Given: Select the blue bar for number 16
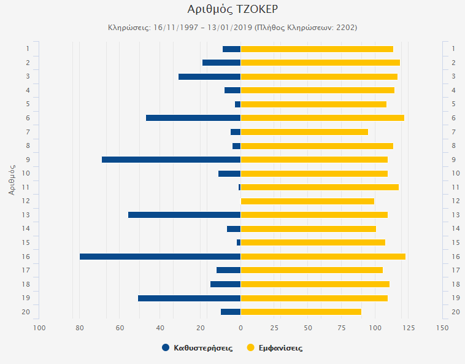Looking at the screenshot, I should coord(160,257).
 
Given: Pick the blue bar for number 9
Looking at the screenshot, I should coord(171,160).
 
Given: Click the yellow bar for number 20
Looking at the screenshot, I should coord(301,312).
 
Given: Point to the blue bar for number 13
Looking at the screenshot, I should coord(184,215).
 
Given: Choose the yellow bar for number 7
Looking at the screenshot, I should coord(304,132).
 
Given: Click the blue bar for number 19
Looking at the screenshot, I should coord(189,298).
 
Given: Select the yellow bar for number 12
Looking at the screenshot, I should coord(307,201).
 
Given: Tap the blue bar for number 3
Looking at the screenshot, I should coord(209,77).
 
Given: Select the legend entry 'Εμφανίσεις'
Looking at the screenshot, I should coord(279,348).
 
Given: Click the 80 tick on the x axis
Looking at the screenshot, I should coord(79,328).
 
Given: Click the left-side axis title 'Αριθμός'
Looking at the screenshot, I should coord(12,179).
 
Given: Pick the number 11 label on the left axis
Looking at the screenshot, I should coord(27,187).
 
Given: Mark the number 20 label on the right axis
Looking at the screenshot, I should coord(455,312).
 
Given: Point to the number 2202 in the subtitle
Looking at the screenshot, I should coord(345,28).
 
